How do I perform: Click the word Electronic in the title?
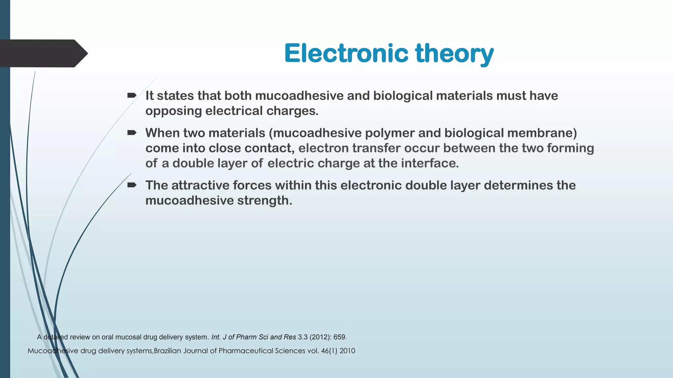click(346, 53)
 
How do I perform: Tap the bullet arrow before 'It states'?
click(132, 95)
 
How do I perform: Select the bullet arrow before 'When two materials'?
click(132, 133)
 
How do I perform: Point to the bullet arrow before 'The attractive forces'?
click(132, 185)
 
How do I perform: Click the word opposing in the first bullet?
click(173, 111)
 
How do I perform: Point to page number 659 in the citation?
click(340, 337)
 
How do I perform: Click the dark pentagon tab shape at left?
click(43, 53)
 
